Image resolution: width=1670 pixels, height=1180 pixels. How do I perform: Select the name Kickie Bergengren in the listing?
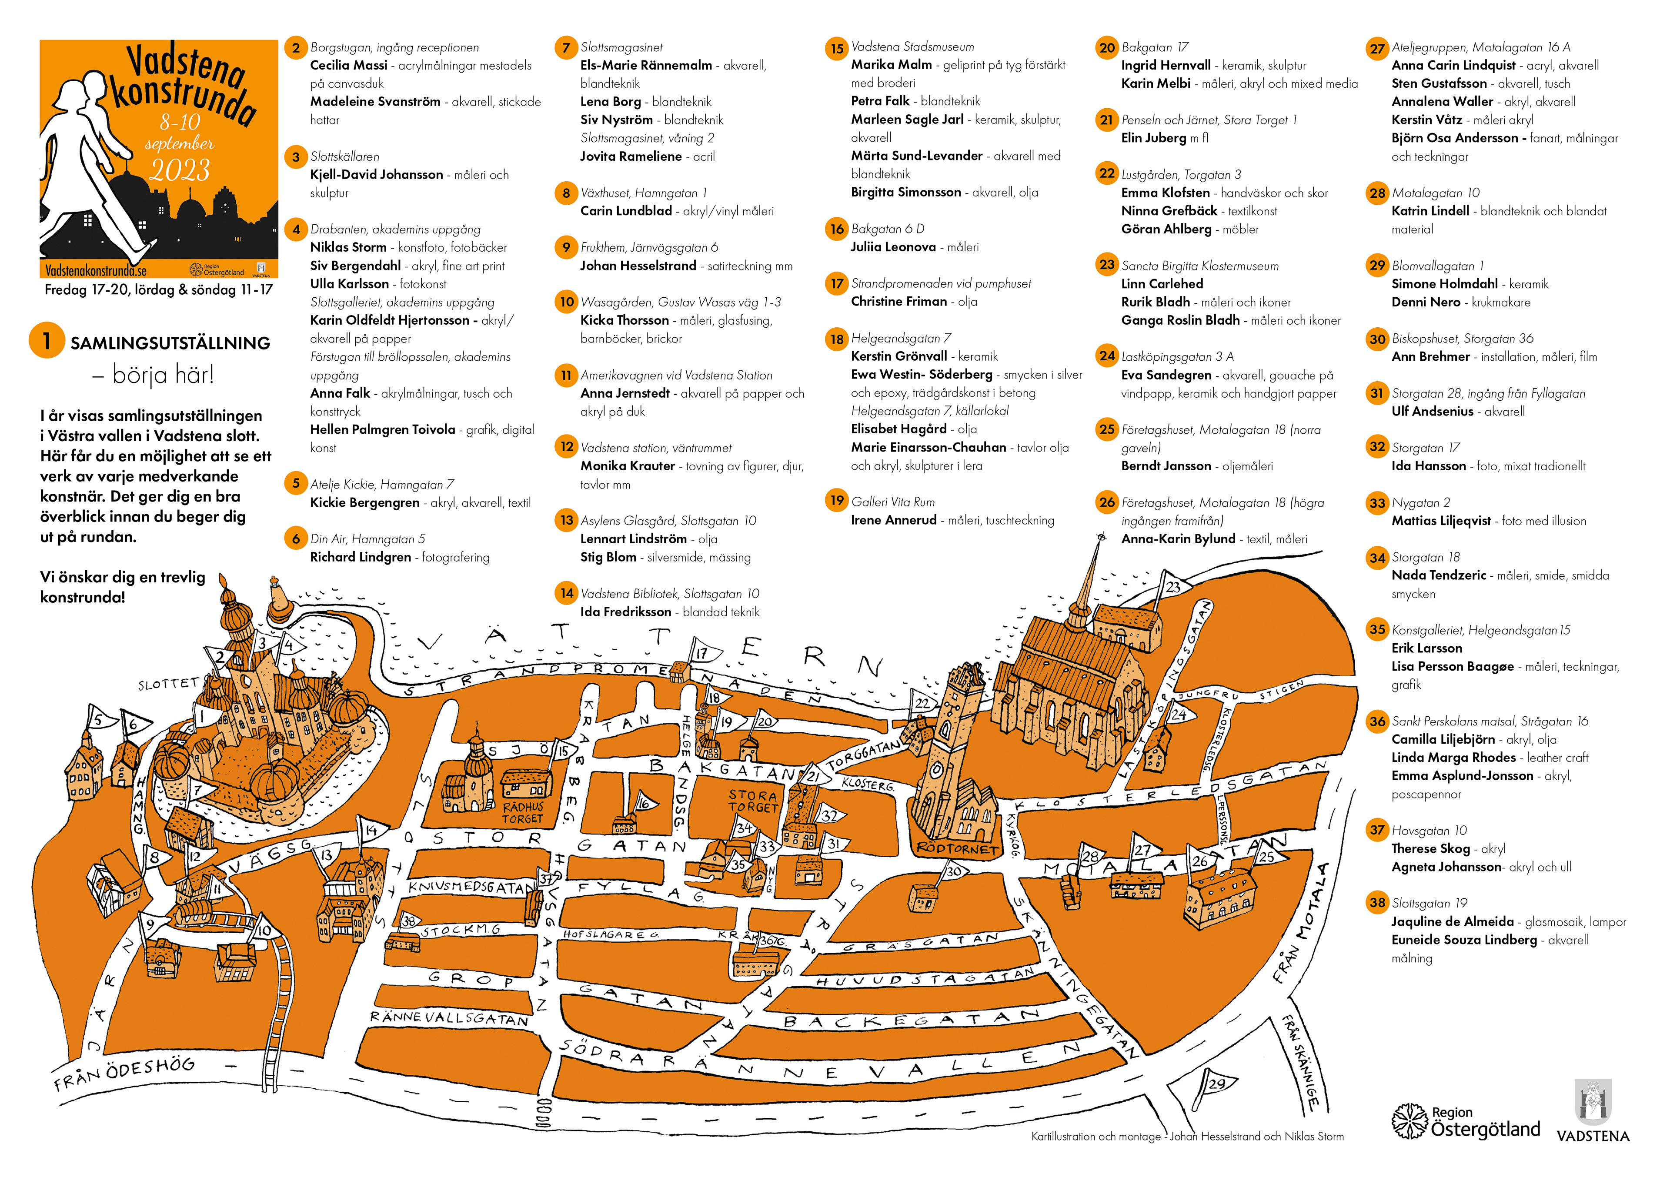(x=364, y=502)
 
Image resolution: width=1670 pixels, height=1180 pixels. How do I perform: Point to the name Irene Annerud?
(x=893, y=520)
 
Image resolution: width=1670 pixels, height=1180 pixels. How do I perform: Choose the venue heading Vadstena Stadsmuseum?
(x=912, y=47)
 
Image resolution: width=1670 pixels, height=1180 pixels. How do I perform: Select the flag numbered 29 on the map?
(x=1216, y=1084)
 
